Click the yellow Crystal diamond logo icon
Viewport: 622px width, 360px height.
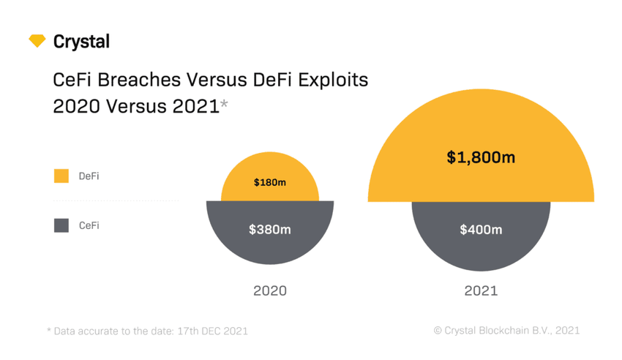tap(37, 41)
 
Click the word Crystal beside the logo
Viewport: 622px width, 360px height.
tap(81, 42)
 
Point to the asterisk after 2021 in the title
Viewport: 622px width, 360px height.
tap(224, 104)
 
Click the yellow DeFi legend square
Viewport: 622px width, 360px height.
tap(61, 176)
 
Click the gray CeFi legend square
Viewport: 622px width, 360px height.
tap(61, 225)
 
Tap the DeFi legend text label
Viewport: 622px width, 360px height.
tap(89, 176)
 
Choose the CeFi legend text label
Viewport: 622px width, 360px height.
tap(89, 226)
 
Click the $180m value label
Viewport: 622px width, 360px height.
tap(270, 182)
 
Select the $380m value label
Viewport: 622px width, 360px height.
tap(270, 230)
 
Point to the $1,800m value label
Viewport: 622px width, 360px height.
tap(481, 157)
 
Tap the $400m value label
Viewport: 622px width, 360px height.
tap(481, 230)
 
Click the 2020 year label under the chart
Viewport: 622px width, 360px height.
tap(270, 290)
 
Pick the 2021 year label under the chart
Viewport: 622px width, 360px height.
tap(481, 290)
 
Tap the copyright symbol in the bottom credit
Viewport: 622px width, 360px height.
tap(438, 331)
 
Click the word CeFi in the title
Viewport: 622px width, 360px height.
tap(72, 79)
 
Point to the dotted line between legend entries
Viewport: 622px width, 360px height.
tap(116, 200)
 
